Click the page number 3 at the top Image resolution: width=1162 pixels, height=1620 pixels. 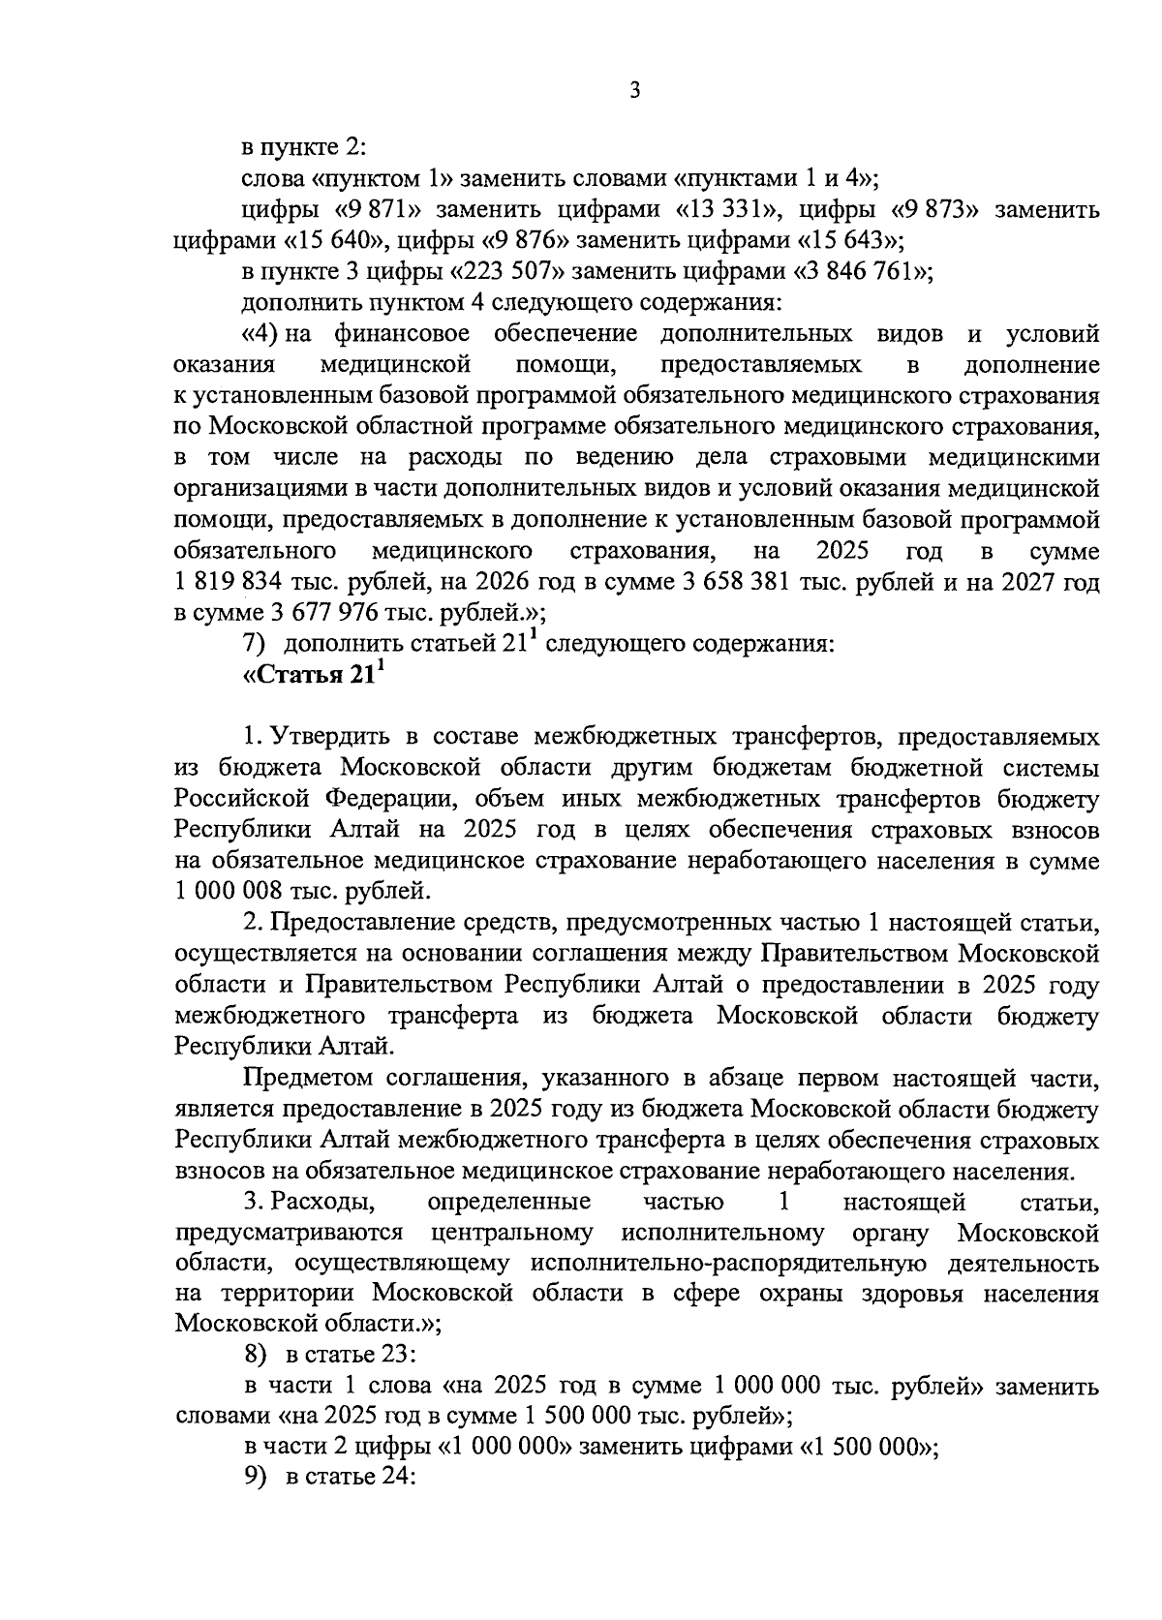(634, 91)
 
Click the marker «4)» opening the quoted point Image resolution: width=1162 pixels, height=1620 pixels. (261, 335)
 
